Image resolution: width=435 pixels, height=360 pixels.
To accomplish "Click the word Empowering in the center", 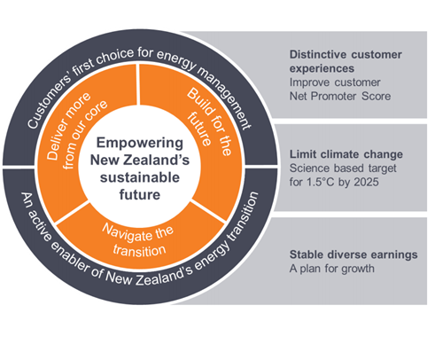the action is click(x=140, y=144).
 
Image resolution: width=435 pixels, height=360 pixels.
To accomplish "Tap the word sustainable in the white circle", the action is click(x=140, y=177).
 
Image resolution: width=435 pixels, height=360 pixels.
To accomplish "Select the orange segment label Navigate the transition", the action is click(x=138, y=240).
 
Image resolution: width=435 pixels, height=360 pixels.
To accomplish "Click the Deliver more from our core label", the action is click(x=77, y=130).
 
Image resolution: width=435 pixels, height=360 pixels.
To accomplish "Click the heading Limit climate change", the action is click(x=346, y=154).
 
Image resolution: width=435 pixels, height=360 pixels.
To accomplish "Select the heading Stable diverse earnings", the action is click(x=353, y=254).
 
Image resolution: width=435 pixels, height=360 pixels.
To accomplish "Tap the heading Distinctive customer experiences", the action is click(x=346, y=61).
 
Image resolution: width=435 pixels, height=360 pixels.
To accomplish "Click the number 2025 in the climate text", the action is click(x=366, y=182).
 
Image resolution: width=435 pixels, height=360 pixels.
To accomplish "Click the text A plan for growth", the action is click(x=332, y=269).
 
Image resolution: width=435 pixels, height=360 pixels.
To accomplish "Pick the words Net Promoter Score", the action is click(x=340, y=96).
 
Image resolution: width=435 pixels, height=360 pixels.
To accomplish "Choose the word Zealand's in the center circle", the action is click(x=157, y=160).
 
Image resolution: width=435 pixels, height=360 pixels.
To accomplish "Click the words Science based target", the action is click(x=343, y=168).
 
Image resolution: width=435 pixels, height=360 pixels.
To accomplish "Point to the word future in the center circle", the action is click(x=140, y=194).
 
